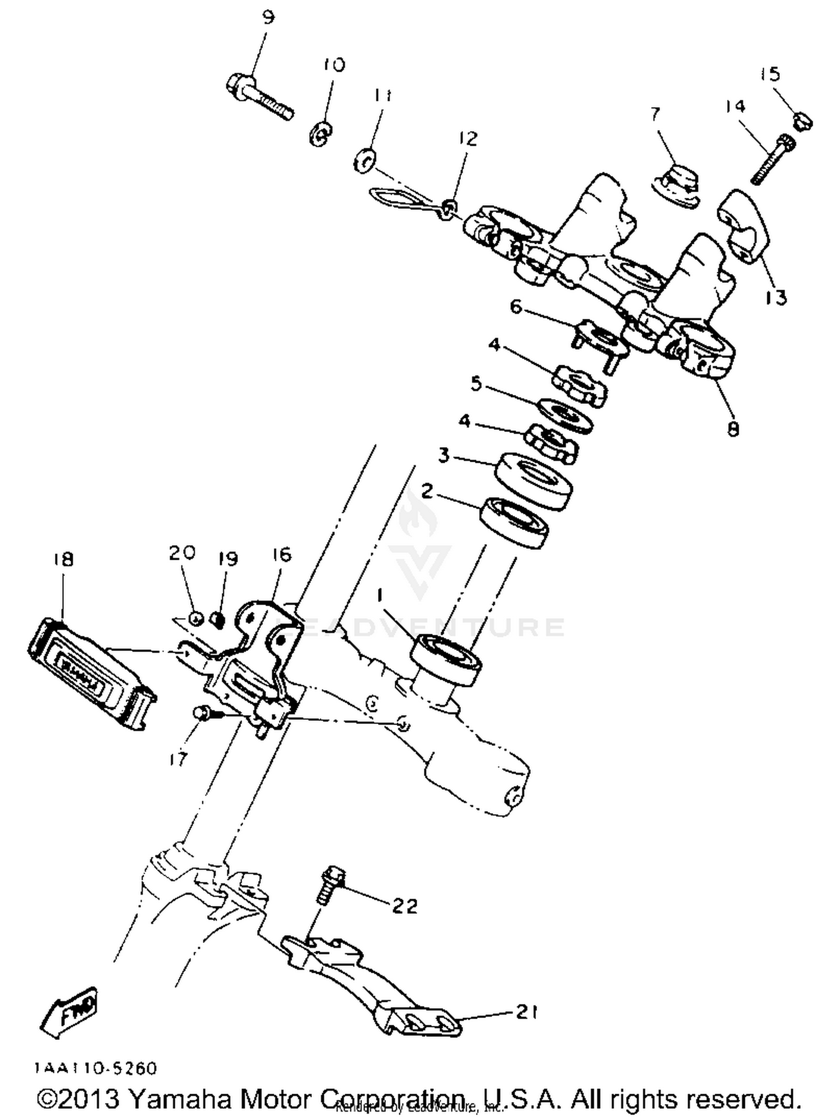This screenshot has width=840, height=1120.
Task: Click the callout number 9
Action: (268, 18)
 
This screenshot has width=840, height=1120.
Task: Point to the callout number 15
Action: (771, 74)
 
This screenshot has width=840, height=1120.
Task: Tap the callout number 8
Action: (733, 429)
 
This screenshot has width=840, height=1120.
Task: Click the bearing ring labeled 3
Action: (533, 480)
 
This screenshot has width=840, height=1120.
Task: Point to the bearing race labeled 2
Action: (514, 522)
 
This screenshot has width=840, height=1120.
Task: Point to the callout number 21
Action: (526, 1012)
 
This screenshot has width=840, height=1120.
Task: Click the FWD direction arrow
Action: (70, 1013)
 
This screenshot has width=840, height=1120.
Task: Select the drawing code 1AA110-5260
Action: (96, 1068)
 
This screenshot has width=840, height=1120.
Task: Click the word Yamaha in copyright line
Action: (182, 1099)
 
